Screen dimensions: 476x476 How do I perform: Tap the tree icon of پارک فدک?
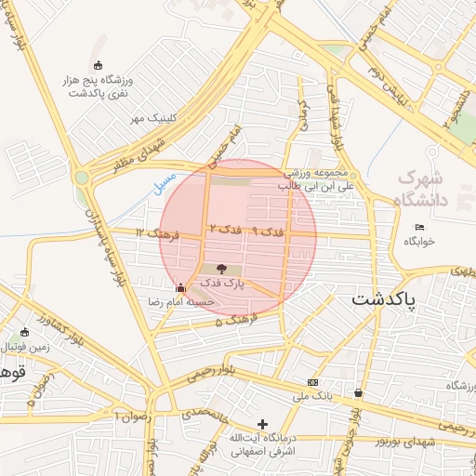220,268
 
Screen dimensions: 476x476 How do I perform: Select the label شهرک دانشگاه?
420,188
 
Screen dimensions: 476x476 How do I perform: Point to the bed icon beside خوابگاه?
419,227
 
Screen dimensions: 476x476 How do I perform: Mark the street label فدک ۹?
268,230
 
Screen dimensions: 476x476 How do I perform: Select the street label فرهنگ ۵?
231,320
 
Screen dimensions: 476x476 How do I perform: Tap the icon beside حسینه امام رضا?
180,287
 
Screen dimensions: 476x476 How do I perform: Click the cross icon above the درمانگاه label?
263,424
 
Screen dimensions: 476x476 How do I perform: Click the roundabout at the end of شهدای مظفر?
83,177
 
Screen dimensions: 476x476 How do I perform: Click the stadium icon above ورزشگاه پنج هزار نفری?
99,64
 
